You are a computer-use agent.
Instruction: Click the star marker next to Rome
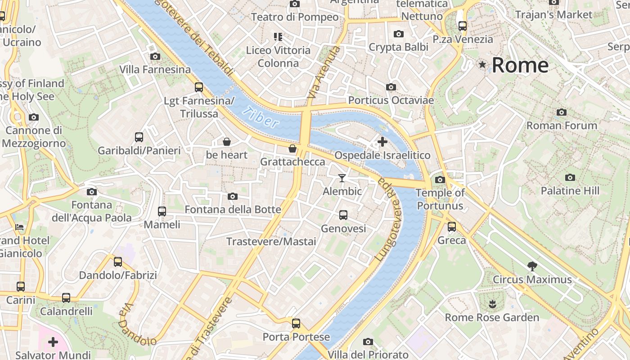click(482, 65)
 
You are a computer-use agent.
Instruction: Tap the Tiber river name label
click(260, 117)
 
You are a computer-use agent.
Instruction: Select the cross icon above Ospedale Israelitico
click(382, 142)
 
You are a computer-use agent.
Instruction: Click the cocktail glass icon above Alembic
click(342, 178)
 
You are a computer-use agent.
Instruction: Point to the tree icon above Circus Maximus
click(532, 266)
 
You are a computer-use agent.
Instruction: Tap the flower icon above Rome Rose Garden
click(492, 304)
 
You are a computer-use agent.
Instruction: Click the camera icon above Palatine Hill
click(570, 177)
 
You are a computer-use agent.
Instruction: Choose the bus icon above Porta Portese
click(296, 323)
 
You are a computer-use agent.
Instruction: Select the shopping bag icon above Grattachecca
click(292, 148)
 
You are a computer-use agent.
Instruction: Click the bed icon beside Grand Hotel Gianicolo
click(19, 227)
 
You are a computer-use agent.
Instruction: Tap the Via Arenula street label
click(323, 72)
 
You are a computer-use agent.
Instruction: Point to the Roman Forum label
click(562, 126)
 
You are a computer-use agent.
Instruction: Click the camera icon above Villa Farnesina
click(155, 56)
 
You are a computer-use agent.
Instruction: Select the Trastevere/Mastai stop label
click(271, 242)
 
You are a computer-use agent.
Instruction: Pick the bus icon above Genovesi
click(343, 215)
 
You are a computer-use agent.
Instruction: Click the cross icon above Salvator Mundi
click(53, 342)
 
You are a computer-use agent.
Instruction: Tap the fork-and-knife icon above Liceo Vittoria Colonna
click(278, 36)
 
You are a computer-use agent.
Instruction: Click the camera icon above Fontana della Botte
click(233, 196)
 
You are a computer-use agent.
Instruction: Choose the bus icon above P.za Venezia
click(463, 26)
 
